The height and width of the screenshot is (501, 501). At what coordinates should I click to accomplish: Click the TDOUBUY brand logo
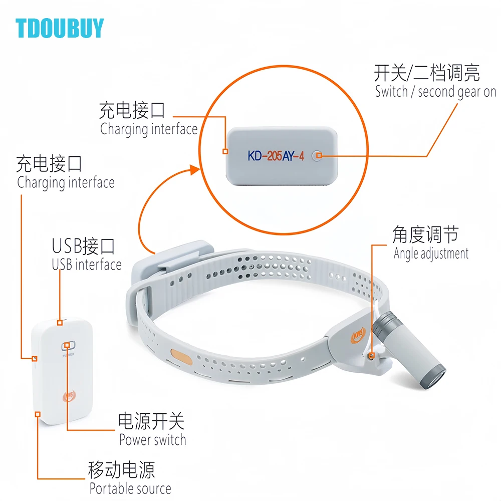[60, 28]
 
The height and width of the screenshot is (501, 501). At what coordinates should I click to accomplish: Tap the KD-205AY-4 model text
[276, 155]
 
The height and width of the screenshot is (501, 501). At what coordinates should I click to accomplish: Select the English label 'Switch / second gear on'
[435, 92]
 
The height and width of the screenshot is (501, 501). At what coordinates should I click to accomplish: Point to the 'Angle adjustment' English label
[431, 254]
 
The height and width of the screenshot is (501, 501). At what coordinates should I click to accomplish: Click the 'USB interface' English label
[87, 265]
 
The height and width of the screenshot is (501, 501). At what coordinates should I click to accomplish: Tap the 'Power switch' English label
[152, 440]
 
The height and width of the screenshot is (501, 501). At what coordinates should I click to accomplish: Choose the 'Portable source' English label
[130, 488]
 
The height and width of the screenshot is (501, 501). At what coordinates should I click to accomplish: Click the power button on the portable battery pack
[68, 345]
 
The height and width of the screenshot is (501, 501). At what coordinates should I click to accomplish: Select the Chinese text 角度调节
[425, 234]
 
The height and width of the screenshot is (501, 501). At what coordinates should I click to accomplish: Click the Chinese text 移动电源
[121, 469]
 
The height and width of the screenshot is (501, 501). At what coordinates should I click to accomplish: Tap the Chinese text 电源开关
[151, 421]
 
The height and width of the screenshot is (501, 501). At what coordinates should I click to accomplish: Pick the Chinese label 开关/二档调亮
[427, 73]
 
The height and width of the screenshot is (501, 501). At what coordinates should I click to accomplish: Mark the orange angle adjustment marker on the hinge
[371, 356]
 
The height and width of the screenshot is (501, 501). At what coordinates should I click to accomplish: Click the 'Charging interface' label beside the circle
[149, 129]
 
